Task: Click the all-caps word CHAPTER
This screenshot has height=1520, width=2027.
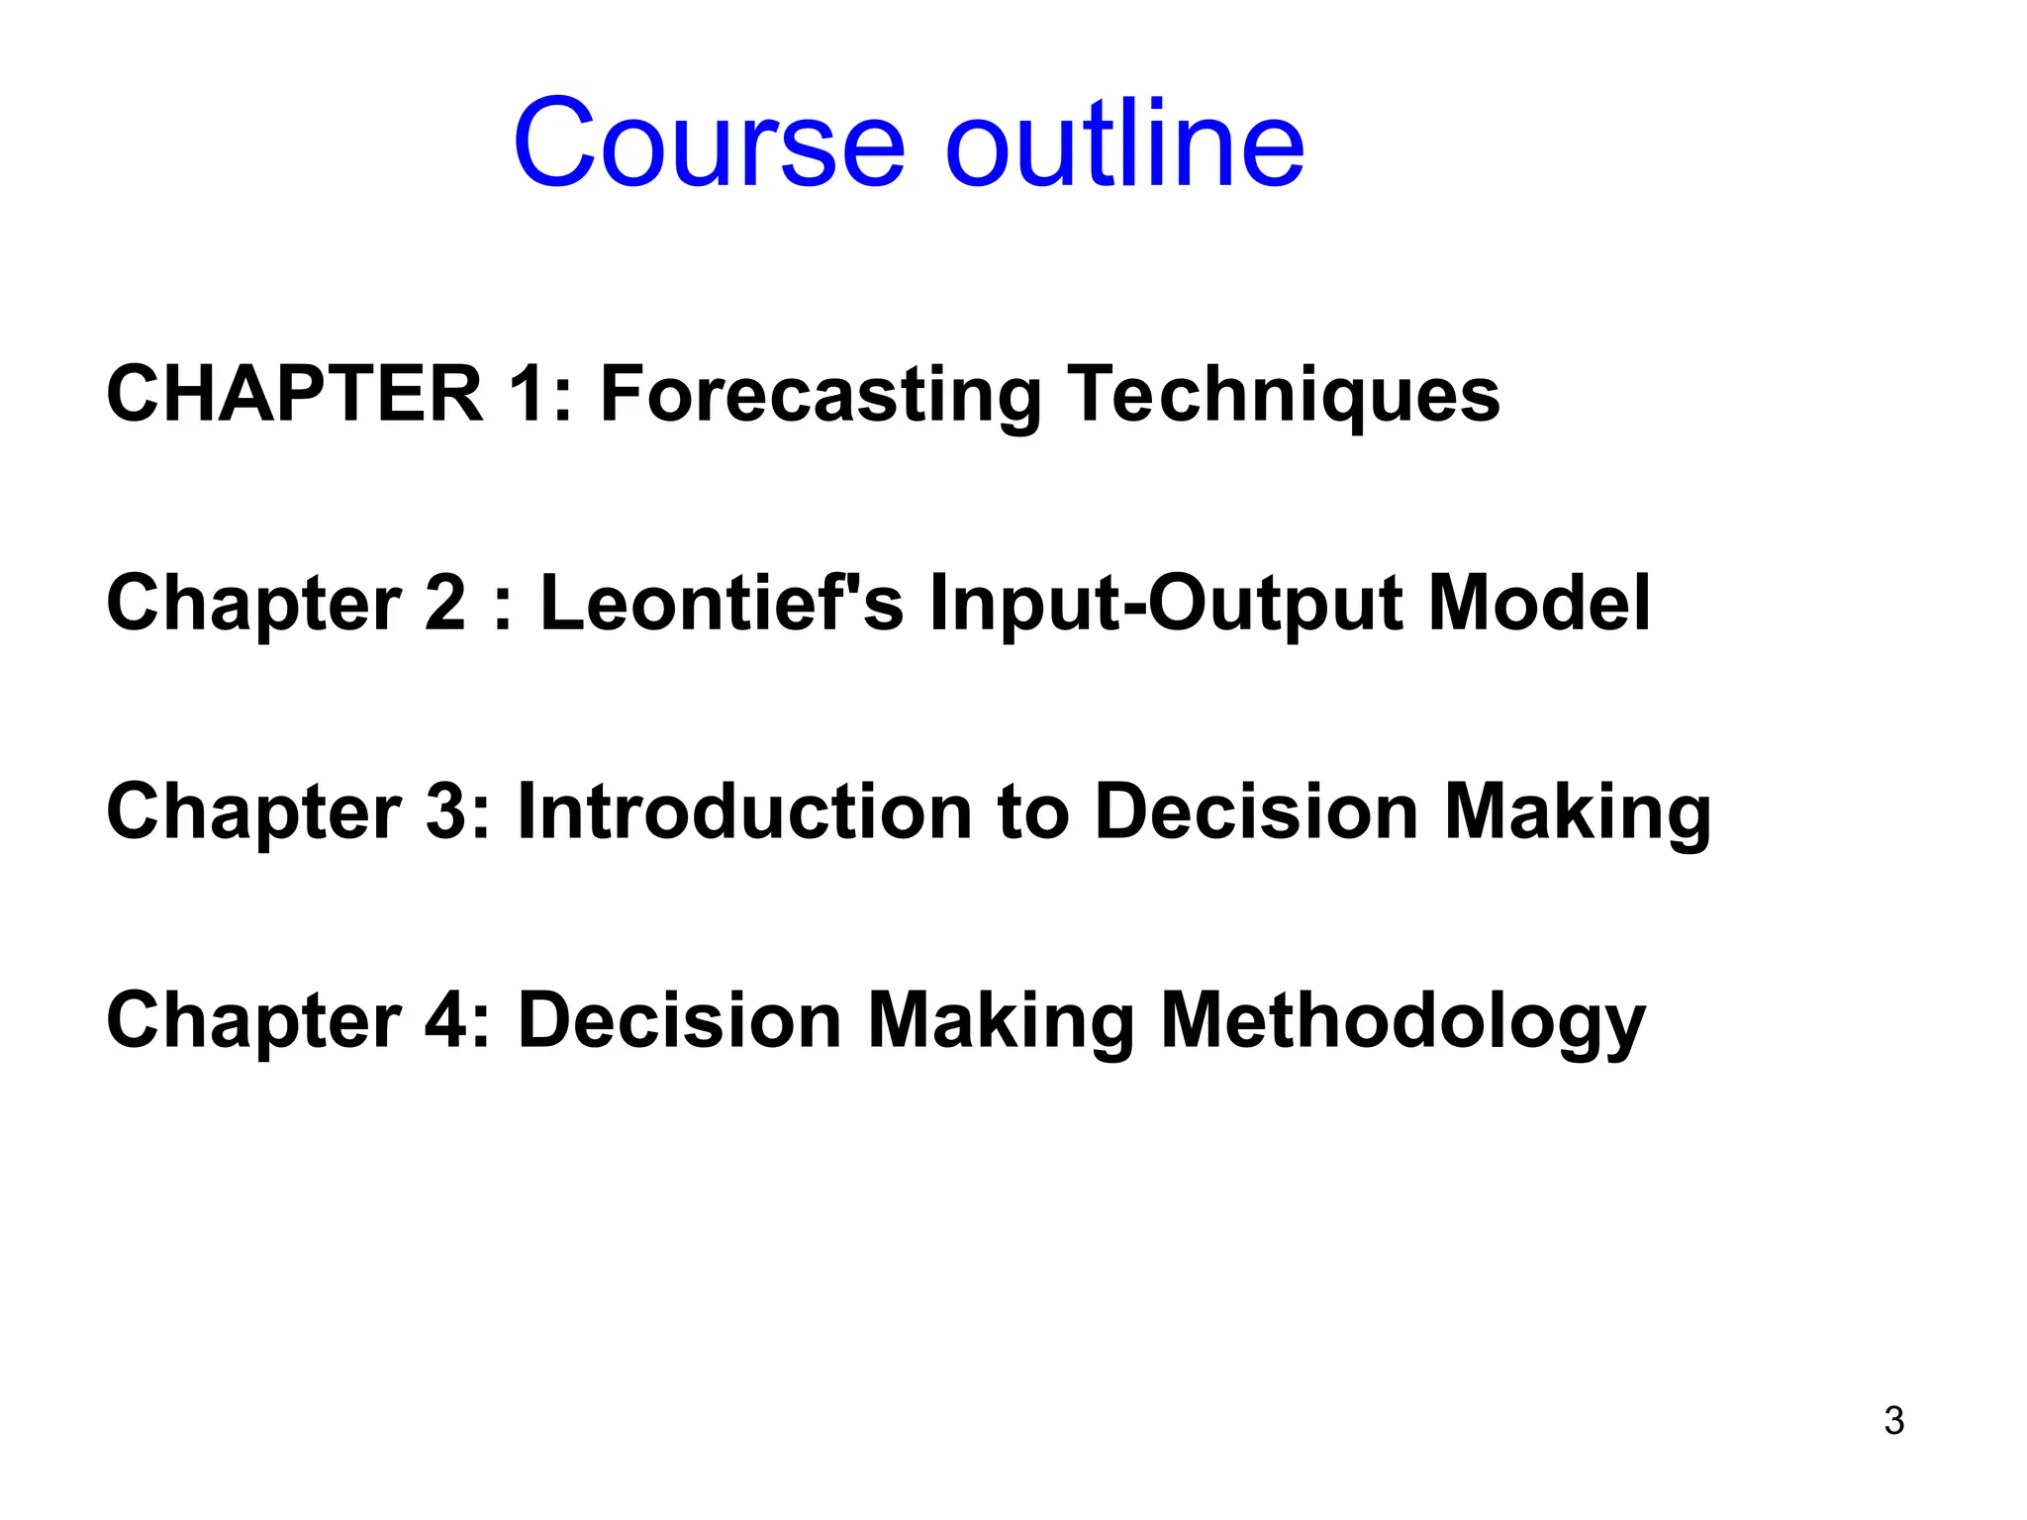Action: pyautogui.click(x=294, y=394)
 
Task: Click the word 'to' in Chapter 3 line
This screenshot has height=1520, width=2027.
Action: pyautogui.click(x=1032, y=811)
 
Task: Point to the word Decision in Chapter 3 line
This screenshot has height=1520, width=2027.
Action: pyautogui.click(x=1257, y=811)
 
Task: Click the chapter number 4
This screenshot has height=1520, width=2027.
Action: pyautogui.click(x=445, y=1020)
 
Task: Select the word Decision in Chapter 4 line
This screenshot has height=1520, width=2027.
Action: pyautogui.click(x=680, y=1020)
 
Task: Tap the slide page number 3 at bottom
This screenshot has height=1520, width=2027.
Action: pyautogui.click(x=1893, y=1421)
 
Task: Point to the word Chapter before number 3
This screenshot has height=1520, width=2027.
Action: pyautogui.click(x=254, y=811)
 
